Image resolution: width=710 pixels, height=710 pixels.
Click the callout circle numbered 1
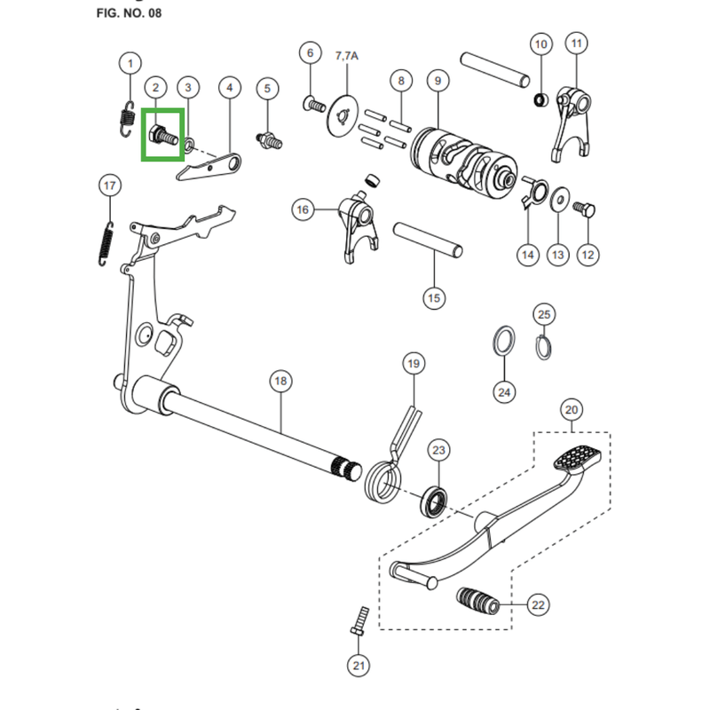coord(130,63)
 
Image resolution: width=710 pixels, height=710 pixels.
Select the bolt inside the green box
coord(163,135)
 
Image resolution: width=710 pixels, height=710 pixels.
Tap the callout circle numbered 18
coord(280,381)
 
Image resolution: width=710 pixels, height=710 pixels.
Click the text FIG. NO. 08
coord(129,13)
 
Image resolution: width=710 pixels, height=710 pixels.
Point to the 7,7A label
coord(347,56)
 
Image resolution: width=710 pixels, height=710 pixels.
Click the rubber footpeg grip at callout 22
coord(477,601)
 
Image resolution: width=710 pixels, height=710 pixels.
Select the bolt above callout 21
coord(360,620)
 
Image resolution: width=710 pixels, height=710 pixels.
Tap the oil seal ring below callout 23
coord(434,501)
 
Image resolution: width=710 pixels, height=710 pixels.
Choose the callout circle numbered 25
coord(544,314)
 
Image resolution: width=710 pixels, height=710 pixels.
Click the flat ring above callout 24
coord(504,341)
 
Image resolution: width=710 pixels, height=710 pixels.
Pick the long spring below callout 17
coord(106,243)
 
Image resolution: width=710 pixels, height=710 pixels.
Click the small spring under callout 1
coord(128,119)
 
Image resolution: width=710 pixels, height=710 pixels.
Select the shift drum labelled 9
coord(464,163)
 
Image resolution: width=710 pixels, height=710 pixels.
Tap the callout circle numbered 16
coord(303,209)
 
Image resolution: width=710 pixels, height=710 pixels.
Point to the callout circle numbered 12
coord(588,255)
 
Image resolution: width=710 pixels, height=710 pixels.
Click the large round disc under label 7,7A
coord(343,115)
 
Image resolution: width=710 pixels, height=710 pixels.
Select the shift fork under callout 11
coord(572,124)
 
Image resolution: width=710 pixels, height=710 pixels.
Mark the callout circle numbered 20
coord(572,410)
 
